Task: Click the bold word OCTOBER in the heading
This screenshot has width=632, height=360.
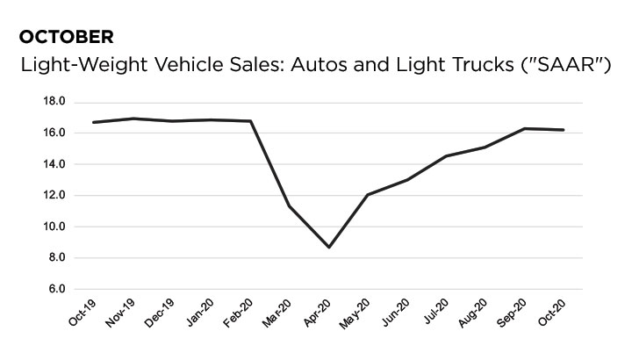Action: [x=66, y=37]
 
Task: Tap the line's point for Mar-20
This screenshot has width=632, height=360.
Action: [x=290, y=206]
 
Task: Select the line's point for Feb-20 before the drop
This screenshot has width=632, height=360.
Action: [x=251, y=121]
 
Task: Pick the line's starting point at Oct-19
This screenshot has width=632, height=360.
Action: [x=94, y=122]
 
